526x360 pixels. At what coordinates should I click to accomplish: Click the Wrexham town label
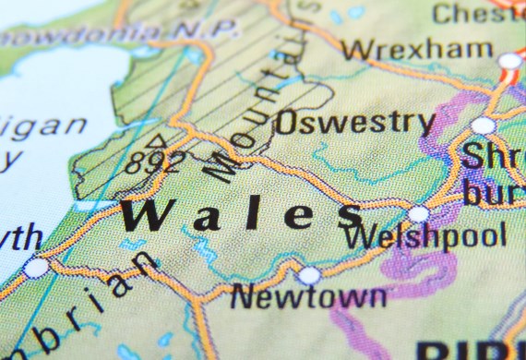(416, 48)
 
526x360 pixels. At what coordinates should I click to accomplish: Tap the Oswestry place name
(354, 122)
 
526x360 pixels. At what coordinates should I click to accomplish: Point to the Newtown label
(307, 296)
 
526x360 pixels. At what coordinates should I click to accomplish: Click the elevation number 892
(155, 163)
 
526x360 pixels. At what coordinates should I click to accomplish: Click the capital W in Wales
(150, 215)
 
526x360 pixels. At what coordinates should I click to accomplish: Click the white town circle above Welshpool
(419, 214)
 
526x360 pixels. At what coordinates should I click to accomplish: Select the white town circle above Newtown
(309, 275)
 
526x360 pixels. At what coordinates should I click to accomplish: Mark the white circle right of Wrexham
(509, 61)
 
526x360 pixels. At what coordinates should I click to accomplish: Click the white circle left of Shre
(482, 126)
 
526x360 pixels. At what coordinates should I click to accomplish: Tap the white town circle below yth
(36, 268)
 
